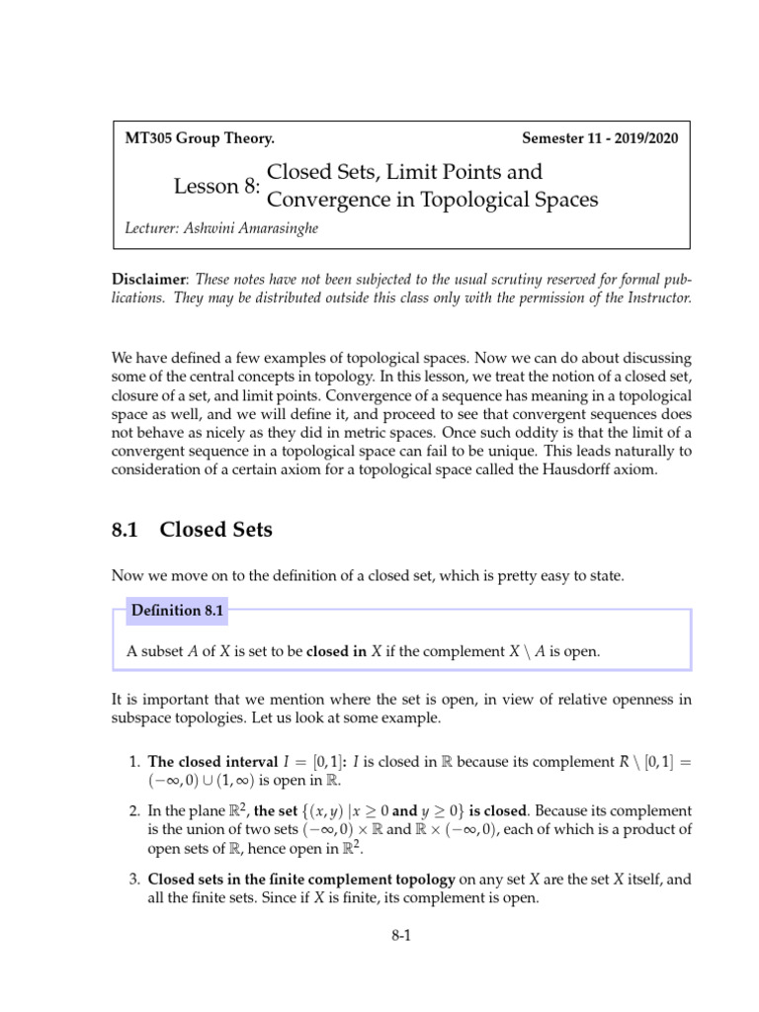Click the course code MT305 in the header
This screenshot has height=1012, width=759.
[x=146, y=139]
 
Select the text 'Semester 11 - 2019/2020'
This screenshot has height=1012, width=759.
[x=600, y=139]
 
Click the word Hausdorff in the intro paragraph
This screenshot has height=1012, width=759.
[x=563, y=468]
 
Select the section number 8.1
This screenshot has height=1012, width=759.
[x=127, y=530]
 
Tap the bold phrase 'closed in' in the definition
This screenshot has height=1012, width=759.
[x=336, y=651]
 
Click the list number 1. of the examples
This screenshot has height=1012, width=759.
[x=134, y=762]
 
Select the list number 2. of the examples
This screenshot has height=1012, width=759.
[x=134, y=810]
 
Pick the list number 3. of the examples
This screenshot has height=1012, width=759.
[x=134, y=878]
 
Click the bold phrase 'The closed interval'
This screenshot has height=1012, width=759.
[x=206, y=762]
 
